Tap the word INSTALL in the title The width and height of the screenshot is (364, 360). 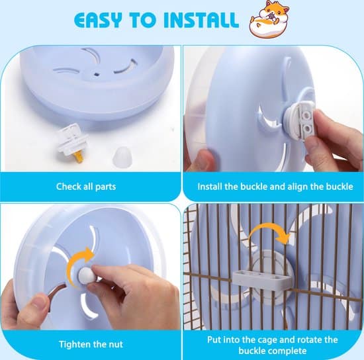pos(201,19)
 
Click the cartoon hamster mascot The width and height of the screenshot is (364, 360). pos(269,19)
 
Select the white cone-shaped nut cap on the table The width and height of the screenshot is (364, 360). pos(122,156)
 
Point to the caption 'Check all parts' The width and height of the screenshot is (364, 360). pos(86,187)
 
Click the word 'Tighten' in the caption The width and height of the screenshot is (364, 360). pos(74,345)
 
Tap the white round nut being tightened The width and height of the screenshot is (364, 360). pos(85,275)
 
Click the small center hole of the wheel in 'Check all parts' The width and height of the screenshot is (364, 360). pos(96,75)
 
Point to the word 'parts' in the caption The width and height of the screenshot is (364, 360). pos(105,187)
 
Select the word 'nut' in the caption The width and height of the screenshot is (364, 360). pos(115,345)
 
